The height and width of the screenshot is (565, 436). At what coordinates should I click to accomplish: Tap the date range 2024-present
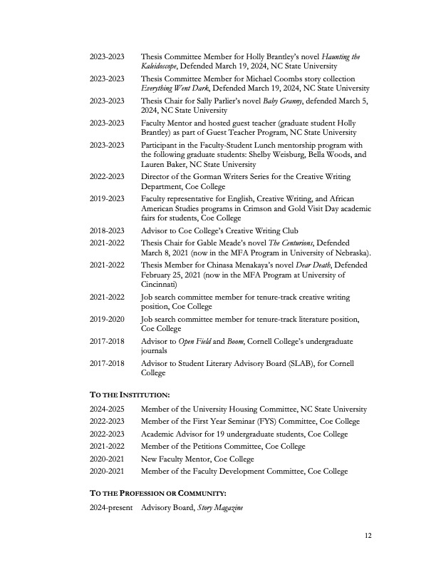tap(110, 507)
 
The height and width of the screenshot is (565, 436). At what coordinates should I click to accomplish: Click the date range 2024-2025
tap(107, 409)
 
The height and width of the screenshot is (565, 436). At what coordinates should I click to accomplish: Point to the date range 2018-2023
tap(107, 230)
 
